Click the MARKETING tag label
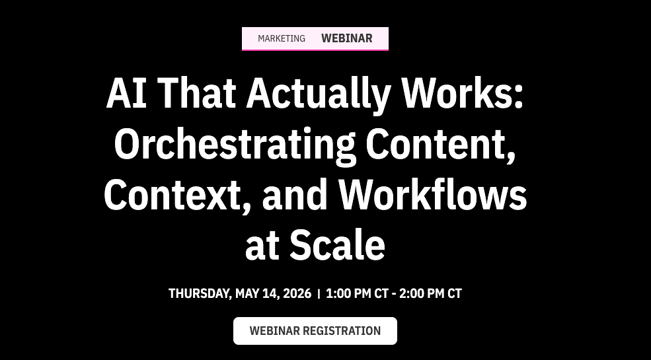[x=282, y=38]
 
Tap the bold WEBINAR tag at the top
[x=347, y=38]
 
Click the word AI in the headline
[x=126, y=93]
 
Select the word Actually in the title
[x=319, y=94]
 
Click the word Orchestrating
[x=235, y=145]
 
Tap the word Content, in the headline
[x=441, y=145]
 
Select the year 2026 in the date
[x=297, y=294]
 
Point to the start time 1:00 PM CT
[x=357, y=294]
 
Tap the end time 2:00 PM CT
[x=430, y=294]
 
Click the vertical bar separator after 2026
[x=319, y=294]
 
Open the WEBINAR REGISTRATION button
[x=315, y=331]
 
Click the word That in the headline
[x=196, y=93]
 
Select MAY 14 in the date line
[x=257, y=294]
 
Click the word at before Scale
[x=262, y=247]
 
